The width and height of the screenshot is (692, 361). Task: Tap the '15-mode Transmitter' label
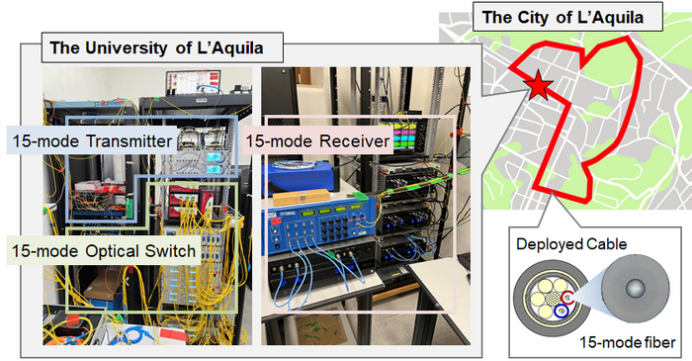pyautogui.click(x=88, y=141)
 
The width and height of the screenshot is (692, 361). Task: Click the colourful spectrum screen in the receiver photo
pyautogui.click(x=407, y=137)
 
